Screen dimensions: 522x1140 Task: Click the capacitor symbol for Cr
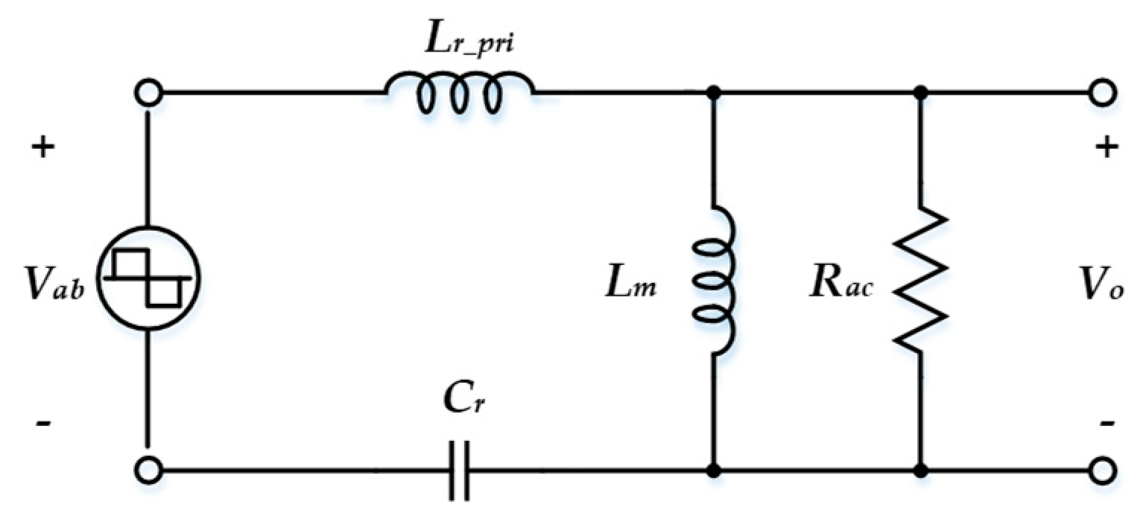459,471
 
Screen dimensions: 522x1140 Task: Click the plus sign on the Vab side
42,147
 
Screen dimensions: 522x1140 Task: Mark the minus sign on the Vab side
42,423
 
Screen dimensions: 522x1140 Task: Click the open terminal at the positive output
1103,93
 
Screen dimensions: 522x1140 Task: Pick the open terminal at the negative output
1103,471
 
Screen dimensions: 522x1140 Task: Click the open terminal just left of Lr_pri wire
148,93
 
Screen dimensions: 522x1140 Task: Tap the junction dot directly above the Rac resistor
921,93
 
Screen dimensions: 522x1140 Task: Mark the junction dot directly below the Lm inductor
715,471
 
